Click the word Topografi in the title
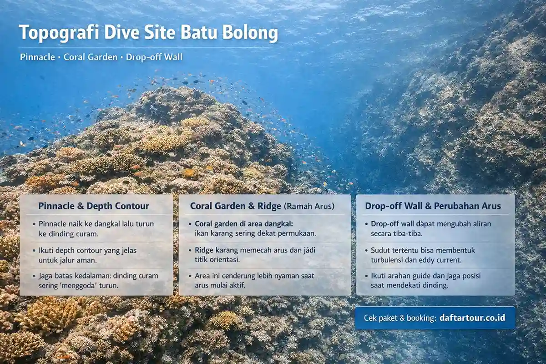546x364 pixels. coord(59,33)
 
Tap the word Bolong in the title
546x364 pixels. coord(250,33)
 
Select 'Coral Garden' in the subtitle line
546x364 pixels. coord(91,57)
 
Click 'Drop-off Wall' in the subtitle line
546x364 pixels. coord(154,57)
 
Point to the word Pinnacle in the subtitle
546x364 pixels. coord(37,57)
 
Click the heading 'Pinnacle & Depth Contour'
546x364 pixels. coord(94,206)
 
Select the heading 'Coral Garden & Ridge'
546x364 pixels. coord(236,206)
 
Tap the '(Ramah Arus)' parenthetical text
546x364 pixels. coord(309,206)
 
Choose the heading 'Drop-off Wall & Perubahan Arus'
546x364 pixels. coord(433,206)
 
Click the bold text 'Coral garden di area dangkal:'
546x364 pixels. coord(244,224)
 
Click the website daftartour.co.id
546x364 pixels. coord(472,318)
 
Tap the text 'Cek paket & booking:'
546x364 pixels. coord(400,318)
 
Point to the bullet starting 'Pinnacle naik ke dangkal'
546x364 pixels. coord(93,229)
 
